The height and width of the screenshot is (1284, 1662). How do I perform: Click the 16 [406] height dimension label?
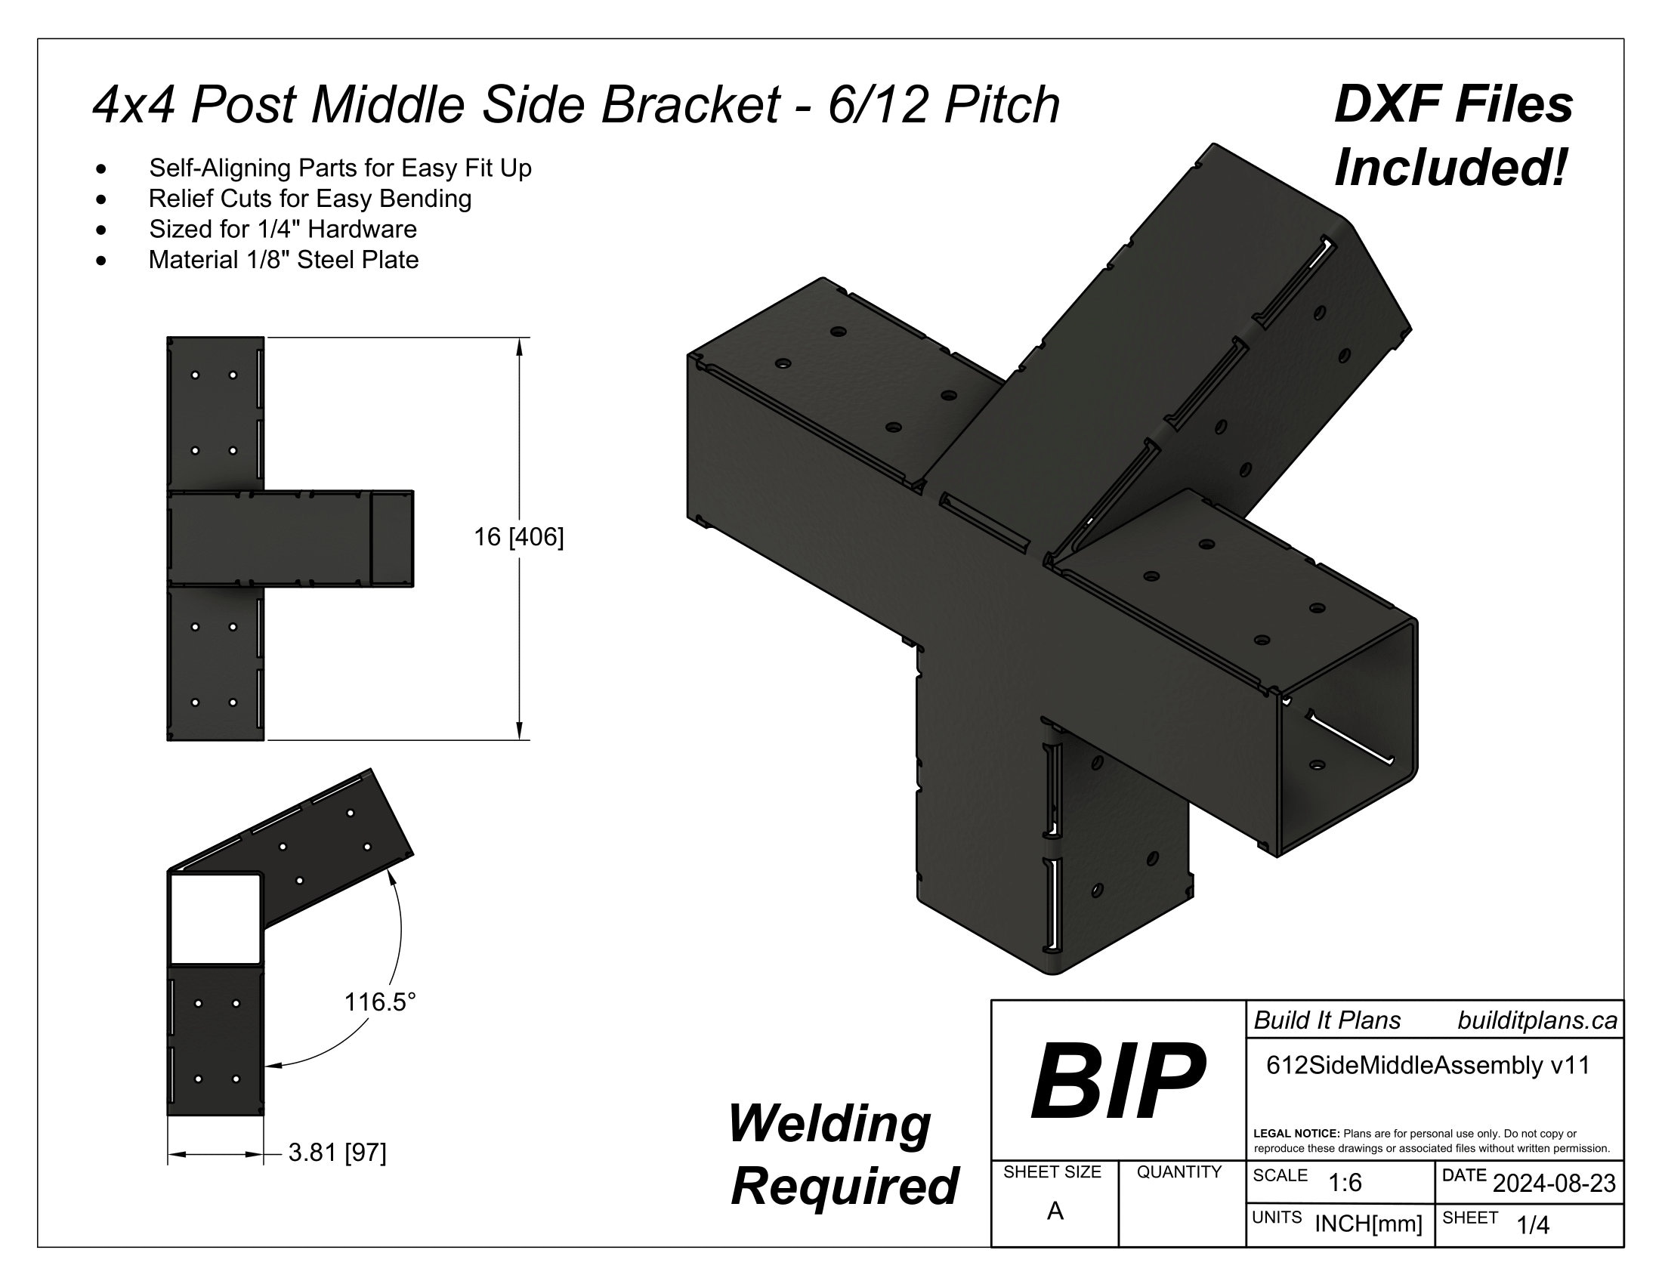519,538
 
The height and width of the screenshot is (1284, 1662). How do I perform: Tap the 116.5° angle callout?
381,1002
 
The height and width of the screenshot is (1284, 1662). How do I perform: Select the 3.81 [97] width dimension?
337,1153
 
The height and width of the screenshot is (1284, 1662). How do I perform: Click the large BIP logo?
1117,1080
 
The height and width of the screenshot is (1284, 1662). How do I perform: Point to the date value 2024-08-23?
1554,1184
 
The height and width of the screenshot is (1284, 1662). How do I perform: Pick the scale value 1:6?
1345,1183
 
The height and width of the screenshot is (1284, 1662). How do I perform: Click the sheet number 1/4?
1533,1224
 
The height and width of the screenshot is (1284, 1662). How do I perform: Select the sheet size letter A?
1055,1210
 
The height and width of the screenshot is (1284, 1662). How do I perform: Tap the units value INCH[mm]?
1368,1224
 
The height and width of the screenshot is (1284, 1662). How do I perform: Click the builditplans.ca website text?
1537,1020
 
